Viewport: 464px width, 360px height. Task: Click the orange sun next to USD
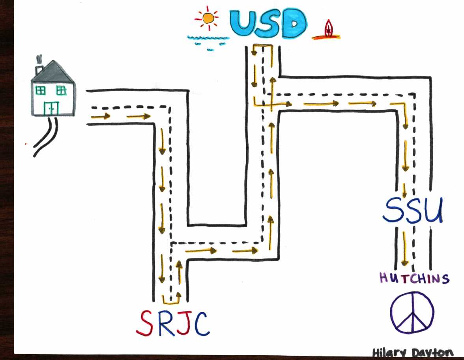tap(208, 18)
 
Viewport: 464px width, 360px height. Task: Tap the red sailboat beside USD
tap(328, 30)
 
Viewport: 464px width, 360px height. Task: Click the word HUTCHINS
tap(414, 279)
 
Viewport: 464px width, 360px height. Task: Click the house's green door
tap(51, 108)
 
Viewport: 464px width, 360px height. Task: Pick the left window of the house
tap(41, 90)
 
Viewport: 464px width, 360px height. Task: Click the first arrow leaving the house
tap(100, 116)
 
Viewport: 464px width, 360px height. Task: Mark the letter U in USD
tap(244, 24)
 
